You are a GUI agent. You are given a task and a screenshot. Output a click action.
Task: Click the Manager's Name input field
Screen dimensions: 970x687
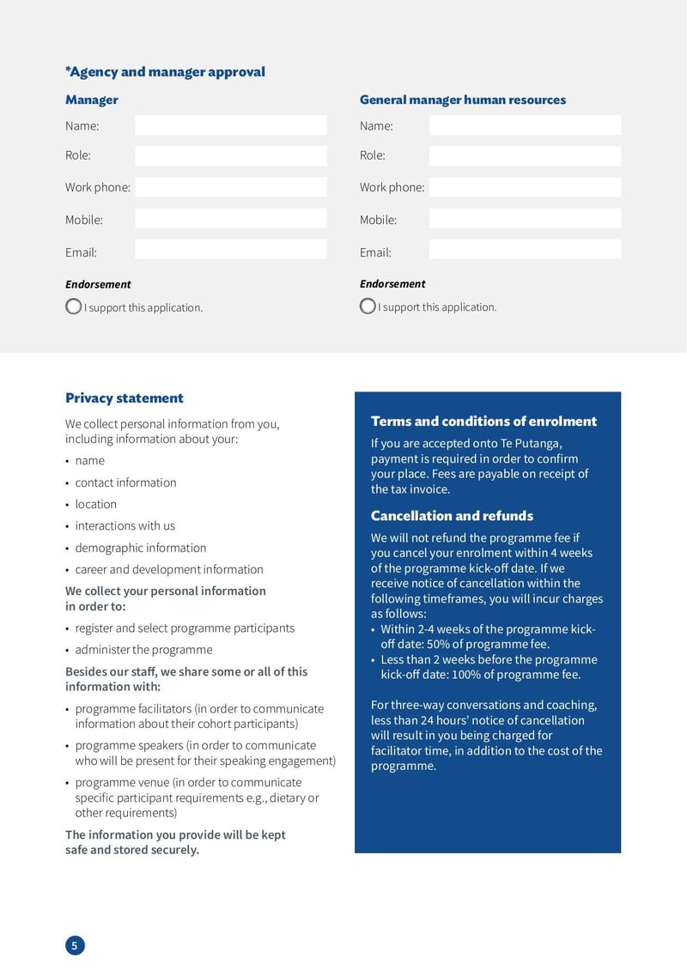(230, 125)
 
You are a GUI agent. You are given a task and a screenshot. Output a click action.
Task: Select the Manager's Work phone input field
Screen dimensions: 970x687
(230, 187)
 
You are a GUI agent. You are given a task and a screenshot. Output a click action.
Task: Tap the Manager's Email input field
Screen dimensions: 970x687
(230, 250)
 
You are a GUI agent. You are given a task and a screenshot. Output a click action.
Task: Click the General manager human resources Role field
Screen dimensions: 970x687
(524, 155)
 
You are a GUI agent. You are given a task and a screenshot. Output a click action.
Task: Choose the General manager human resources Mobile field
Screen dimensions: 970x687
(524, 219)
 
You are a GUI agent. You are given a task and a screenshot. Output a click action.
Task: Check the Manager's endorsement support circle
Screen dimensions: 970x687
(73, 306)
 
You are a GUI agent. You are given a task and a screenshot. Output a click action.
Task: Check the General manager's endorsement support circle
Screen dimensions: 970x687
(368, 306)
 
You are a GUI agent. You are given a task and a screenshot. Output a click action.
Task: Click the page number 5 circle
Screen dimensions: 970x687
(75, 946)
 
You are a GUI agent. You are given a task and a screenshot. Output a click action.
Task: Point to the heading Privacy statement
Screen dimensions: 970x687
(125, 398)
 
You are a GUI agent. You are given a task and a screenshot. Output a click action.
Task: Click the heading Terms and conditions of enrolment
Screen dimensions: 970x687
(483, 421)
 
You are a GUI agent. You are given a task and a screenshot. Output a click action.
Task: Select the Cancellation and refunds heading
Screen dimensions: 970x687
(452, 516)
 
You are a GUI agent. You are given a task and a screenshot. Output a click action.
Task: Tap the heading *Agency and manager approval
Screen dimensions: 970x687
(165, 72)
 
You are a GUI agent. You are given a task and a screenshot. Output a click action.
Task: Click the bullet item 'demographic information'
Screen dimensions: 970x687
(140, 548)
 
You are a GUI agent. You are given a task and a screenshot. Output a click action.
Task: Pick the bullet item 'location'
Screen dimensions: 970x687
(95, 504)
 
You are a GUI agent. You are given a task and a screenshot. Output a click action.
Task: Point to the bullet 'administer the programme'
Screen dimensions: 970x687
(143, 650)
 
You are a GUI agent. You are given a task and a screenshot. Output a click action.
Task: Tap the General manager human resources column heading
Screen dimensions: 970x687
(462, 100)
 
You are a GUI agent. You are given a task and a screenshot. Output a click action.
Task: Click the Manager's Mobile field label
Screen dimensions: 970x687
(84, 220)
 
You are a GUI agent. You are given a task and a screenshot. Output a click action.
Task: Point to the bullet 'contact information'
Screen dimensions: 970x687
(125, 482)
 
